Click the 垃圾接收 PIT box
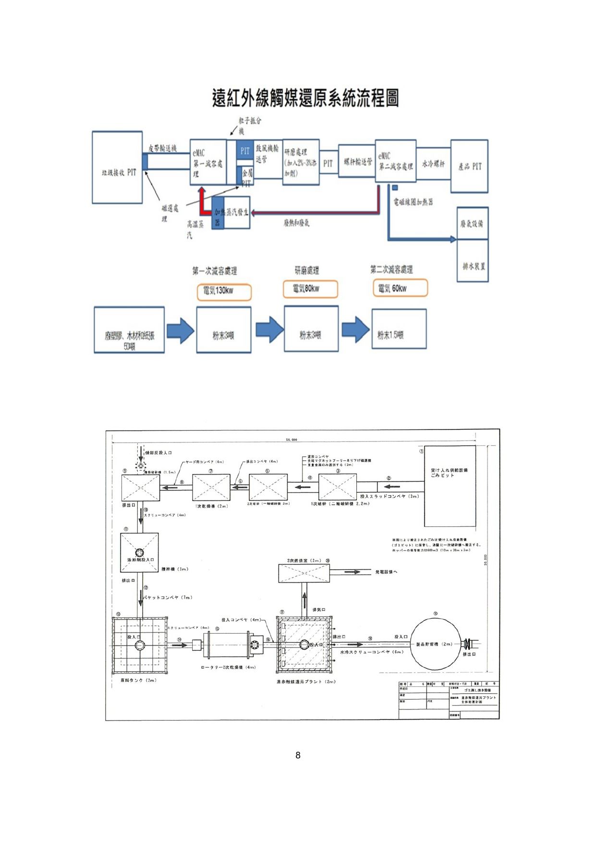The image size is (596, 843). pos(118,167)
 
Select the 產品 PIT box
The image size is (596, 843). pos(469,166)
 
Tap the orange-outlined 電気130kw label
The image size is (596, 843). pos(224,292)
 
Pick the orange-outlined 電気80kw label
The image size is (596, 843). pos(310,289)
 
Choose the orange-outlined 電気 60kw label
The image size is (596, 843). pos(400,288)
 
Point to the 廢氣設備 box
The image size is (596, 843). pos(473,223)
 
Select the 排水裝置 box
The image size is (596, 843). pos(473,261)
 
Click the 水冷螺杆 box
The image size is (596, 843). pos(433,164)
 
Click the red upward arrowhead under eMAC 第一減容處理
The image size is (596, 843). pos(202,191)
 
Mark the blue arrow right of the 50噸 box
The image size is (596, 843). pos(180,330)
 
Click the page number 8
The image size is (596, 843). pos(298,755)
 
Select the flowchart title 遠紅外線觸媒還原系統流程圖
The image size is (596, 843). pos(305,98)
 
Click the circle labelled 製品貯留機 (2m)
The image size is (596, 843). pos(434,644)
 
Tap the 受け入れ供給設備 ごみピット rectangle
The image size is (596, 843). pos(450,486)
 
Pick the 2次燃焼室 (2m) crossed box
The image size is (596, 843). pos(304,574)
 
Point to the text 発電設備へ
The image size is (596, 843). pos(386,572)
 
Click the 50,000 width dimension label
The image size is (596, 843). pos(292,440)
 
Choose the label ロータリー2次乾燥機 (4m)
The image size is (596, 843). pos(228,667)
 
